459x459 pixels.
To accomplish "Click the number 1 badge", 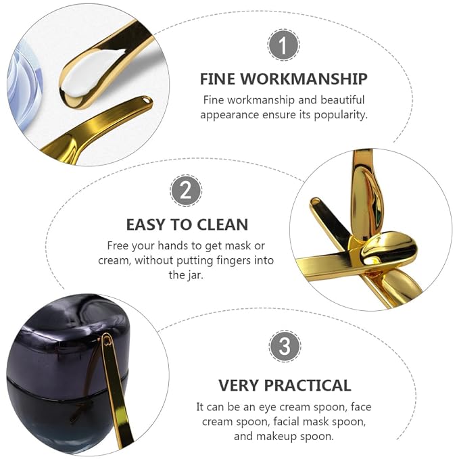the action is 283,45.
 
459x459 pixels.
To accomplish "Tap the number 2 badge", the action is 186,191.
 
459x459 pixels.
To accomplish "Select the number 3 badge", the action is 285,346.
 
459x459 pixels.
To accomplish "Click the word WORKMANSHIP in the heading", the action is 304,78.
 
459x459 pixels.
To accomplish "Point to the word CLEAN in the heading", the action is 222,224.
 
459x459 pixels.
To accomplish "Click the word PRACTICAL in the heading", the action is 308,385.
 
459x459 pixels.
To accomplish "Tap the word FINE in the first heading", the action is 217,78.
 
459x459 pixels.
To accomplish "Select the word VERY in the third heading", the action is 239,385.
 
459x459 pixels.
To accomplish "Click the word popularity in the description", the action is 341,115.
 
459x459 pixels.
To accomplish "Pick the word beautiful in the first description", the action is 343,100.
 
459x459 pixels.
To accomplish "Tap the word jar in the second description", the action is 194,275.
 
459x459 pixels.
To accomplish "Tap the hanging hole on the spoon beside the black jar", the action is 107,341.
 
